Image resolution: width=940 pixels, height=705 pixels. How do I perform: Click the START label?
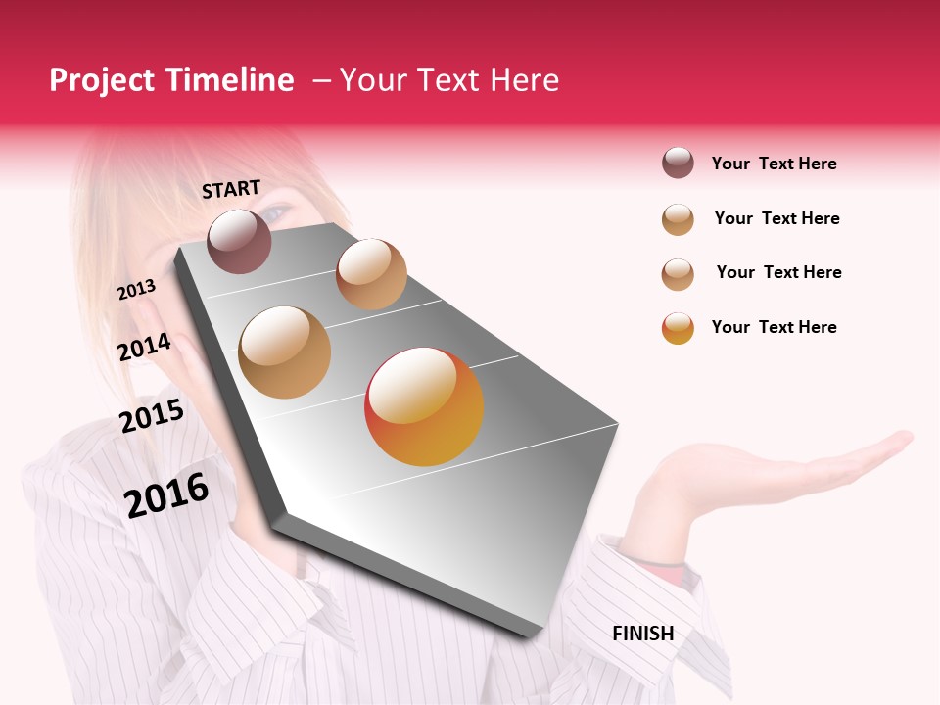[231, 189]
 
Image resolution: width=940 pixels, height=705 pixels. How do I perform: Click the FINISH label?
[642, 634]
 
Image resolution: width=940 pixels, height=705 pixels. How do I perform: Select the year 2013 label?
[136, 289]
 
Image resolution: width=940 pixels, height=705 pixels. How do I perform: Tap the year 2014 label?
[144, 348]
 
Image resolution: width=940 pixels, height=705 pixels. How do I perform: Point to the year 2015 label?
[152, 416]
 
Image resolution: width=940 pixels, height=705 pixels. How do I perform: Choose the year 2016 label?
[166, 494]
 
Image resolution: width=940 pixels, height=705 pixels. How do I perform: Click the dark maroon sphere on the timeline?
[240, 241]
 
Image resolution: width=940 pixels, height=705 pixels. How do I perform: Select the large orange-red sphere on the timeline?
[424, 406]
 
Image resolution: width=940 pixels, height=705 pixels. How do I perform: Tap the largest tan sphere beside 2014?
[284, 352]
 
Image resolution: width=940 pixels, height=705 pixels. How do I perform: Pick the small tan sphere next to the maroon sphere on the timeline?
[371, 274]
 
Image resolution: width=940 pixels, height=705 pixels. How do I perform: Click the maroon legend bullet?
[678, 163]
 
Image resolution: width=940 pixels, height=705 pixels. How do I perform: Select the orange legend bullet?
[678, 327]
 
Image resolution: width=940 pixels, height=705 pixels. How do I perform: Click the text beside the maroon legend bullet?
[774, 164]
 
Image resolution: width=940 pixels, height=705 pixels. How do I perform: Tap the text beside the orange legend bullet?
[774, 327]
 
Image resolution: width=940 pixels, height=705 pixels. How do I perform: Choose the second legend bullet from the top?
[678, 218]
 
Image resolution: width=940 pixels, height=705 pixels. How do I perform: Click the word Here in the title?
[524, 80]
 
